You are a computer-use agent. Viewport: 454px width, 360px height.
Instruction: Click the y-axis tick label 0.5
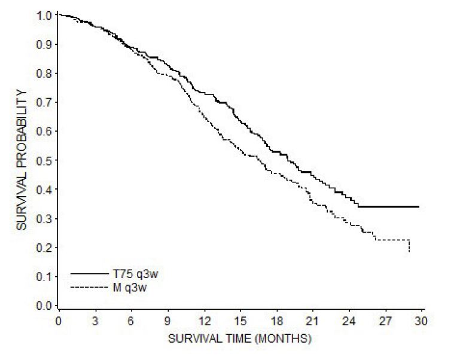(x=44, y=160)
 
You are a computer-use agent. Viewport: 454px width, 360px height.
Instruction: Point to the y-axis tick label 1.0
(x=44, y=14)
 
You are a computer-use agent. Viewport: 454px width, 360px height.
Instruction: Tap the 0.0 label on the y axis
(x=44, y=306)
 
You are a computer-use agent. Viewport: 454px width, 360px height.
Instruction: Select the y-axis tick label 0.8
(x=44, y=73)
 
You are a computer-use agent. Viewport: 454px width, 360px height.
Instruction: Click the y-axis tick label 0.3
(x=44, y=218)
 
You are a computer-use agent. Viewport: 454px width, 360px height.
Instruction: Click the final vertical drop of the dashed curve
(x=409, y=246)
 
